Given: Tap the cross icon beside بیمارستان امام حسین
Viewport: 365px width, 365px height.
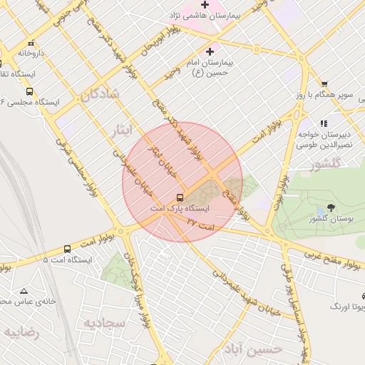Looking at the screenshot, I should [x=210, y=51].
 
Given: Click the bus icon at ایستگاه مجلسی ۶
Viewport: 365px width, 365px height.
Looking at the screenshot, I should [x=29, y=91].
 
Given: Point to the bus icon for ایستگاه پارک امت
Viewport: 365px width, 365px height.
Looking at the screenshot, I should [x=179, y=197].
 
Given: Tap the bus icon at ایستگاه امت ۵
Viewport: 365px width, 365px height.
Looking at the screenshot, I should [x=67, y=249].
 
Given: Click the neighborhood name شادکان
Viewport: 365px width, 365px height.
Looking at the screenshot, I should [x=99, y=94].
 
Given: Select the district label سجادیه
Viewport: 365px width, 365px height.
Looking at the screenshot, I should [x=105, y=322].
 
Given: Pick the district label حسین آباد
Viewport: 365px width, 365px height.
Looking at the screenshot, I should [x=253, y=349].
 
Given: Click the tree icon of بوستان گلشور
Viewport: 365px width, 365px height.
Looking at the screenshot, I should [x=331, y=207].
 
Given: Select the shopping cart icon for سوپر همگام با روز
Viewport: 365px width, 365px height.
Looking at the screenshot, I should [x=324, y=84].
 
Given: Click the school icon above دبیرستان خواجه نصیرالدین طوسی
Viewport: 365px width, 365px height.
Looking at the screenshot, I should [x=324, y=123].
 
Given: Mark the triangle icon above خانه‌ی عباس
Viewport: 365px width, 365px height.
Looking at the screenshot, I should [x=24, y=291].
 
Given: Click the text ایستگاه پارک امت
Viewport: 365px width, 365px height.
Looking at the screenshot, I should [x=179, y=209].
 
